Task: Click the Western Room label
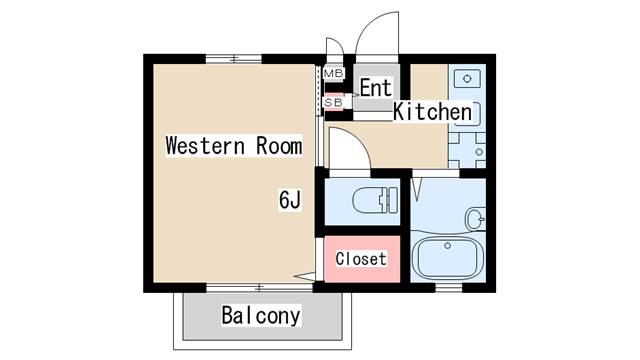click(234, 146)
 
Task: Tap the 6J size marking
click(290, 200)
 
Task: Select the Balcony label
click(261, 316)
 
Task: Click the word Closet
click(361, 259)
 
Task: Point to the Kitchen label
click(433, 111)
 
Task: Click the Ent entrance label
click(376, 88)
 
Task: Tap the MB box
click(333, 73)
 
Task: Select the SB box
click(333, 102)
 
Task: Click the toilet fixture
click(375, 200)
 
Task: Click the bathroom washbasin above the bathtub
click(476, 219)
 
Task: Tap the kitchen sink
click(467, 79)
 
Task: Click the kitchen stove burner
click(479, 152)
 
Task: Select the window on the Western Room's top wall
click(233, 59)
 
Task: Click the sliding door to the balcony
click(260, 288)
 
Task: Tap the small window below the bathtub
click(449, 288)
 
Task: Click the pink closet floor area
click(362, 259)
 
